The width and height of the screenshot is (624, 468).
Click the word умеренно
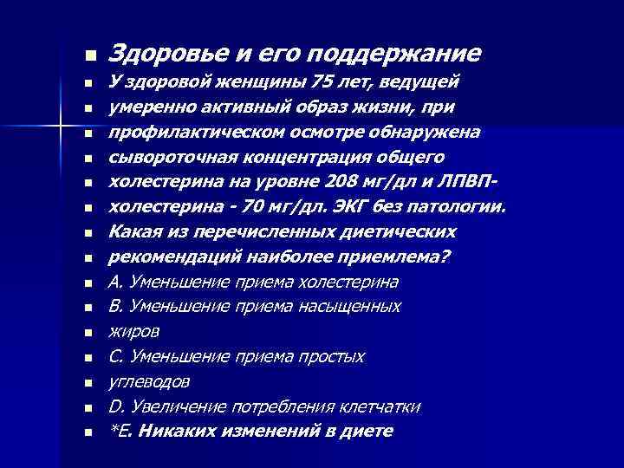tap(150, 107)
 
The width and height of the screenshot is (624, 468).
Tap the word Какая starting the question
tap(133, 232)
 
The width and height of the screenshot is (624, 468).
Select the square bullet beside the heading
tap(88, 55)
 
